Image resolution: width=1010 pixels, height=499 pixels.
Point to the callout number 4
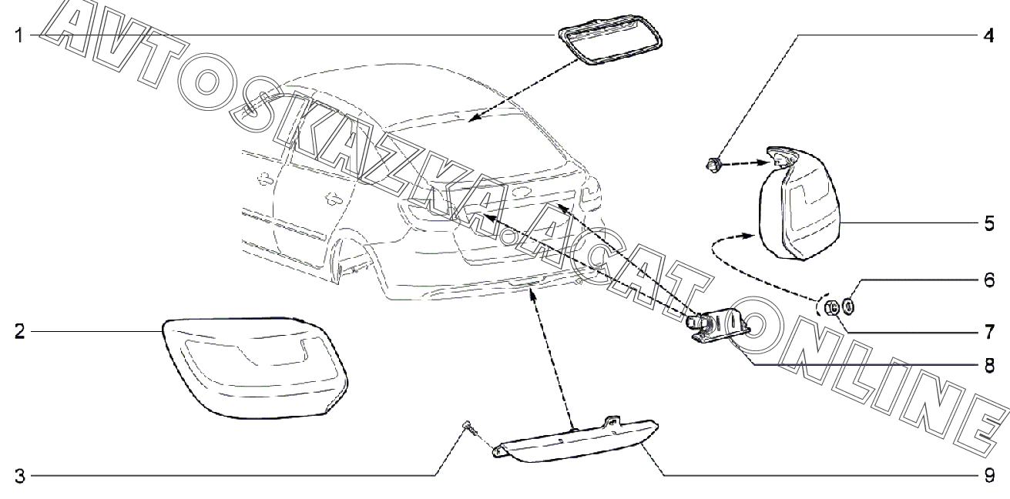point(988,35)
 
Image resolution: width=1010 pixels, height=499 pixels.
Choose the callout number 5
point(988,224)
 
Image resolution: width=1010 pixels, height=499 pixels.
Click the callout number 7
point(988,333)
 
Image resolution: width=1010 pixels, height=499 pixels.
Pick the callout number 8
point(988,367)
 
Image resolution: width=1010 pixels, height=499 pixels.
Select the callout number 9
point(988,475)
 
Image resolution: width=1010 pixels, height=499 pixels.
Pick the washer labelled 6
point(849,307)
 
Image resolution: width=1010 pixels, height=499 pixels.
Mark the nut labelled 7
point(831,307)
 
